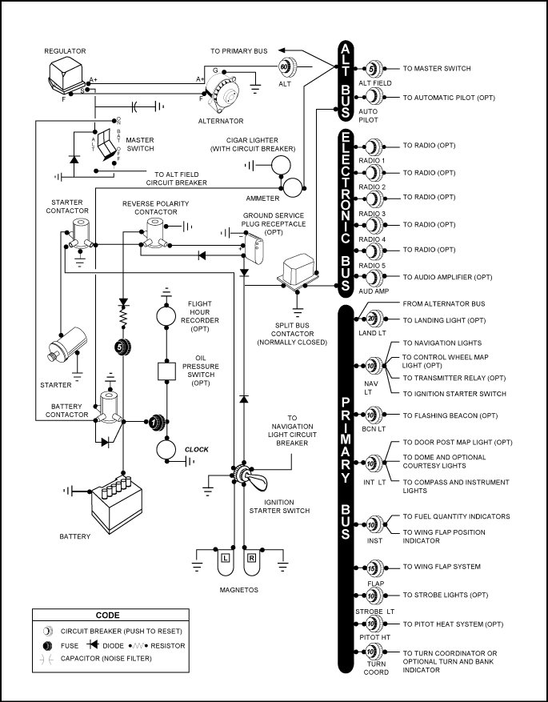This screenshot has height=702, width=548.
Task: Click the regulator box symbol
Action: (66, 74)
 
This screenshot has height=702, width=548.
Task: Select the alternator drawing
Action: (222, 95)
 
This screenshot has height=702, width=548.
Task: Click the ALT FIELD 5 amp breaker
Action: (374, 69)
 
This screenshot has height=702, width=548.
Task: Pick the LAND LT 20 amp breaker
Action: (374, 319)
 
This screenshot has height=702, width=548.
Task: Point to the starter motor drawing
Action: (68, 344)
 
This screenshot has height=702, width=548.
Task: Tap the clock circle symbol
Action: (166, 450)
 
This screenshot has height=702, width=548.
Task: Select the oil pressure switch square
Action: (166, 371)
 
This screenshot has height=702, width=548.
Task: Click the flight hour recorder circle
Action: (166, 316)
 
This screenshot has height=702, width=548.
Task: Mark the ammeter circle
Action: (293, 187)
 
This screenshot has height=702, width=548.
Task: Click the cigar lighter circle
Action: (281, 166)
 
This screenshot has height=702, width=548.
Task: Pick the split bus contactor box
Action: (297, 271)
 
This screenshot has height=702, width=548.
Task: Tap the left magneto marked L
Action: (225, 560)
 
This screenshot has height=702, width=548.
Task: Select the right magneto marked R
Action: (251, 560)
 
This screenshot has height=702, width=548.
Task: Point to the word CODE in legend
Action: (108, 615)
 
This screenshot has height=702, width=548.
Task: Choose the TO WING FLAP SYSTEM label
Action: (442, 567)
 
